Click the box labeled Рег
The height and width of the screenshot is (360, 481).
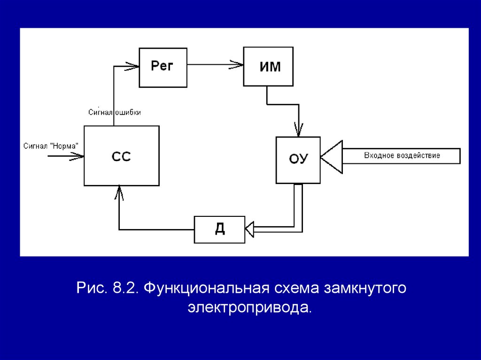(163, 67)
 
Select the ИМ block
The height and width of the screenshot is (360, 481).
(268, 66)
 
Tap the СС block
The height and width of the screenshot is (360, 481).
(122, 156)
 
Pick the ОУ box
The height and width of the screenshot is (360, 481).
(298, 160)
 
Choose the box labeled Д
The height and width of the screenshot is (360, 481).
(219, 229)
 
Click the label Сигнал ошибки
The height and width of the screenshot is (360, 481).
(115, 112)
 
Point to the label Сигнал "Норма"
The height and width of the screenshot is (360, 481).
(51, 146)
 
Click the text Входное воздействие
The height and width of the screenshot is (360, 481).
(402, 155)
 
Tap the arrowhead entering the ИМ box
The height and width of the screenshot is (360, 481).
(238, 66)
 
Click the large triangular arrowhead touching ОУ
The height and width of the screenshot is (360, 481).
(332, 156)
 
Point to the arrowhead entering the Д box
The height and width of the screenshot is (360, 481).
(249, 229)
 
